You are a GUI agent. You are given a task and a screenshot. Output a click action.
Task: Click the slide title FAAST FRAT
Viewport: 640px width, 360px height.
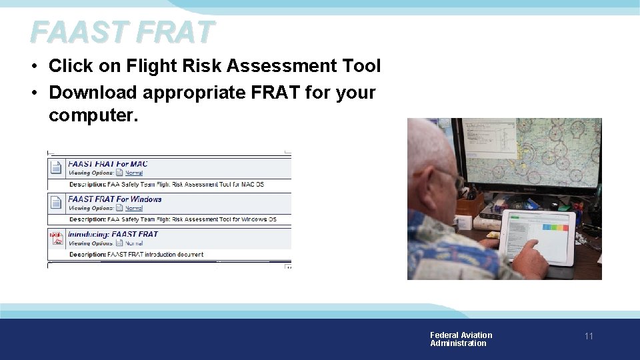click(123, 31)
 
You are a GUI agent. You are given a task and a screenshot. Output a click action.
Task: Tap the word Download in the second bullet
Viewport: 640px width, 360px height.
click(93, 92)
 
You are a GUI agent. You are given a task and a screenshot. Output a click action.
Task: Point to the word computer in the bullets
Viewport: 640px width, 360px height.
click(91, 115)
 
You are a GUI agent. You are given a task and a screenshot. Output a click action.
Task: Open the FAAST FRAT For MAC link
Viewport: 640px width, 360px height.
click(108, 164)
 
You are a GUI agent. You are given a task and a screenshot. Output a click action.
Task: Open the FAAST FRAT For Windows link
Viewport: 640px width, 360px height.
click(115, 199)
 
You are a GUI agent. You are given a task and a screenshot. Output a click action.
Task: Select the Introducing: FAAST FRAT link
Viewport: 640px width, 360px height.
click(113, 234)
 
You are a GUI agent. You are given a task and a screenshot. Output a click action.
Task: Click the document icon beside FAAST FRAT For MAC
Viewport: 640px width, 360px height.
click(57, 167)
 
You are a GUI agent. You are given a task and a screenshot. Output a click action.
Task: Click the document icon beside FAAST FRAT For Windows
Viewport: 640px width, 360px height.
click(57, 203)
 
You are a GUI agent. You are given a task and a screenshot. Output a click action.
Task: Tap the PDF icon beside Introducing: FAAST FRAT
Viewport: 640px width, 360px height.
click(57, 238)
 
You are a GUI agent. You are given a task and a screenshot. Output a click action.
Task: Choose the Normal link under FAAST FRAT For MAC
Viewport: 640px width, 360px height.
click(134, 173)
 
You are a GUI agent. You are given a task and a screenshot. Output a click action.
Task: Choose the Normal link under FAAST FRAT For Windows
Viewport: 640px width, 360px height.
click(134, 208)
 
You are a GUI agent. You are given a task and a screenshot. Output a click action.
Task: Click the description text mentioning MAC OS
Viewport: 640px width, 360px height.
click(167, 184)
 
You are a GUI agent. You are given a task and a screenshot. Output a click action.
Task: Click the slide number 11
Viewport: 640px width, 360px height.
click(589, 336)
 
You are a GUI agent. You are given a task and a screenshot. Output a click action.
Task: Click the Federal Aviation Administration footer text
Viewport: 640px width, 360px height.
click(461, 339)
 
